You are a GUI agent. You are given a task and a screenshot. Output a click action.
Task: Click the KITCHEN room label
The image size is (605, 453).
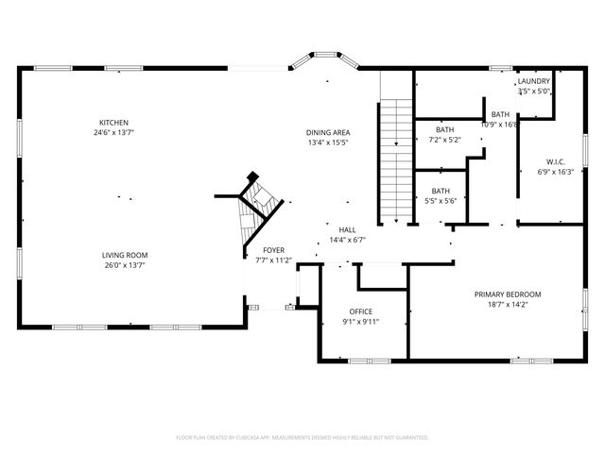114,123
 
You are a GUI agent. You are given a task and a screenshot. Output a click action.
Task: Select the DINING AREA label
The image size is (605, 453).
328,132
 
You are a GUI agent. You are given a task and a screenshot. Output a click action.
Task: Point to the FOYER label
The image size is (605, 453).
274,250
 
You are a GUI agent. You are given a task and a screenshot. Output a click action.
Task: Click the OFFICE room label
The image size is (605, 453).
360,311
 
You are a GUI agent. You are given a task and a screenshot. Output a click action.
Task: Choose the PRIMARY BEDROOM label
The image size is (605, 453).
514,294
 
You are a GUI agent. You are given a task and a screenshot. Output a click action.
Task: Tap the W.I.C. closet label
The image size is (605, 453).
555,161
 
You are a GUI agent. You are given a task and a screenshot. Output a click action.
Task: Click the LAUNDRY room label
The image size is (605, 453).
533,81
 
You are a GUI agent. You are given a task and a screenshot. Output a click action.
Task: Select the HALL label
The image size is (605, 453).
348,229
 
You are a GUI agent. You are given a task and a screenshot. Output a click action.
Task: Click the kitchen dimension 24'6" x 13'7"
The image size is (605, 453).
114,133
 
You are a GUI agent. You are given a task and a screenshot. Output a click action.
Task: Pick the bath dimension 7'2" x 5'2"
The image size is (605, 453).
444,140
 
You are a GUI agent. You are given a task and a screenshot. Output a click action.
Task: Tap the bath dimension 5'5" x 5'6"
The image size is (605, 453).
441,200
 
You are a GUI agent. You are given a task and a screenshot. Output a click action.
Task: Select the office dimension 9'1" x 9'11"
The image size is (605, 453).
360,322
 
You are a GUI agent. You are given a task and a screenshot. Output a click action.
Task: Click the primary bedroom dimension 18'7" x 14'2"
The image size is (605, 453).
514,305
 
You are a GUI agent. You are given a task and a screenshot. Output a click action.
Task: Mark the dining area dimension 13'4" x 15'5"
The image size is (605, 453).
328,143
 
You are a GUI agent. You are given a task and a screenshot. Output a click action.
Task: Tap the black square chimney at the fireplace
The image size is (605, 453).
252,177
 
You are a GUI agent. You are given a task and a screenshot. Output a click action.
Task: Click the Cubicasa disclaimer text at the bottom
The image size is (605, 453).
302,437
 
